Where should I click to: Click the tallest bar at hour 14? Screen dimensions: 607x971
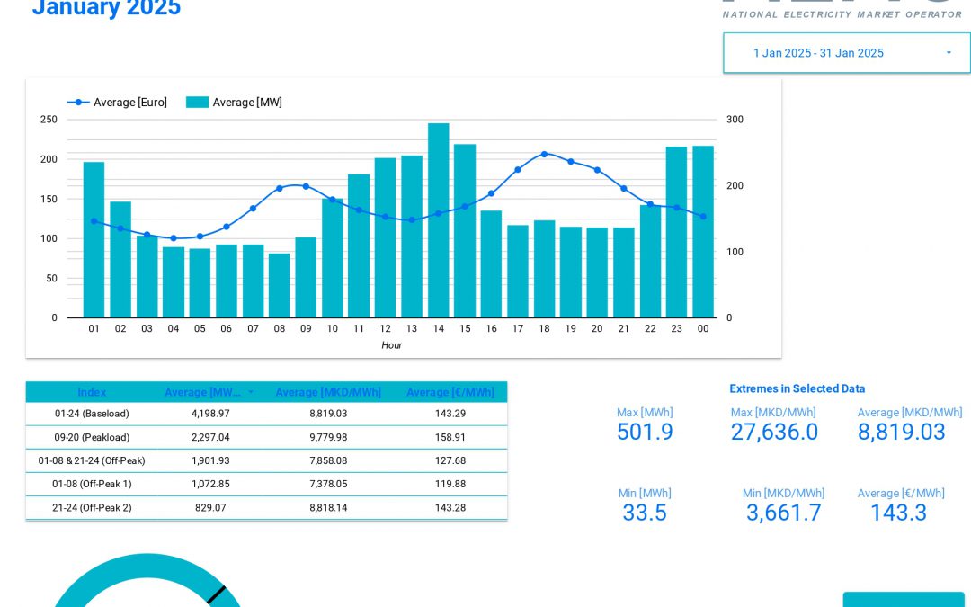point(438,220)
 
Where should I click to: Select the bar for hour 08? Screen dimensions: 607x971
point(279,285)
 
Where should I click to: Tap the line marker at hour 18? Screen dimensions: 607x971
point(544,154)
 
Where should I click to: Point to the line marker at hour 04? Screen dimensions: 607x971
point(174,238)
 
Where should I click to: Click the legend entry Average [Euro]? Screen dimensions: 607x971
point(118,103)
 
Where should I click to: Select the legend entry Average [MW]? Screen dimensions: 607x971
point(235,103)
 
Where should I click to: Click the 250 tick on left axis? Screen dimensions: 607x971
point(49,120)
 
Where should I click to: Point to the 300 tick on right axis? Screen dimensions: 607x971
point(735,120)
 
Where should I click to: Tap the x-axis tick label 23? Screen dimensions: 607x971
point(676,329)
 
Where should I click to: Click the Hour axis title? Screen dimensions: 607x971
point(391,345)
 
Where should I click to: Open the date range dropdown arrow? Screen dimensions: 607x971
point(949,53)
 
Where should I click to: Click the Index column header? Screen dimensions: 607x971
point(92,392)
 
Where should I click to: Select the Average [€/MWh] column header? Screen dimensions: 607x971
point(450,392)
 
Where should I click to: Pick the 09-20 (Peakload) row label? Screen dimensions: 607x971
point(92,437)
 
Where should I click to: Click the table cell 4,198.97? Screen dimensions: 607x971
point(210,414)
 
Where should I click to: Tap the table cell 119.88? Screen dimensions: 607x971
point(450,484)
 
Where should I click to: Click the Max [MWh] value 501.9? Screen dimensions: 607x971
point(645,433)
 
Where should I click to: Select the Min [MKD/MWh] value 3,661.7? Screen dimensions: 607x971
point(783,513)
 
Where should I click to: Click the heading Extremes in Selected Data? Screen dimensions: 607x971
point(797,388)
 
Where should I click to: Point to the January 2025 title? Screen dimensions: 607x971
point(106,9)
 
